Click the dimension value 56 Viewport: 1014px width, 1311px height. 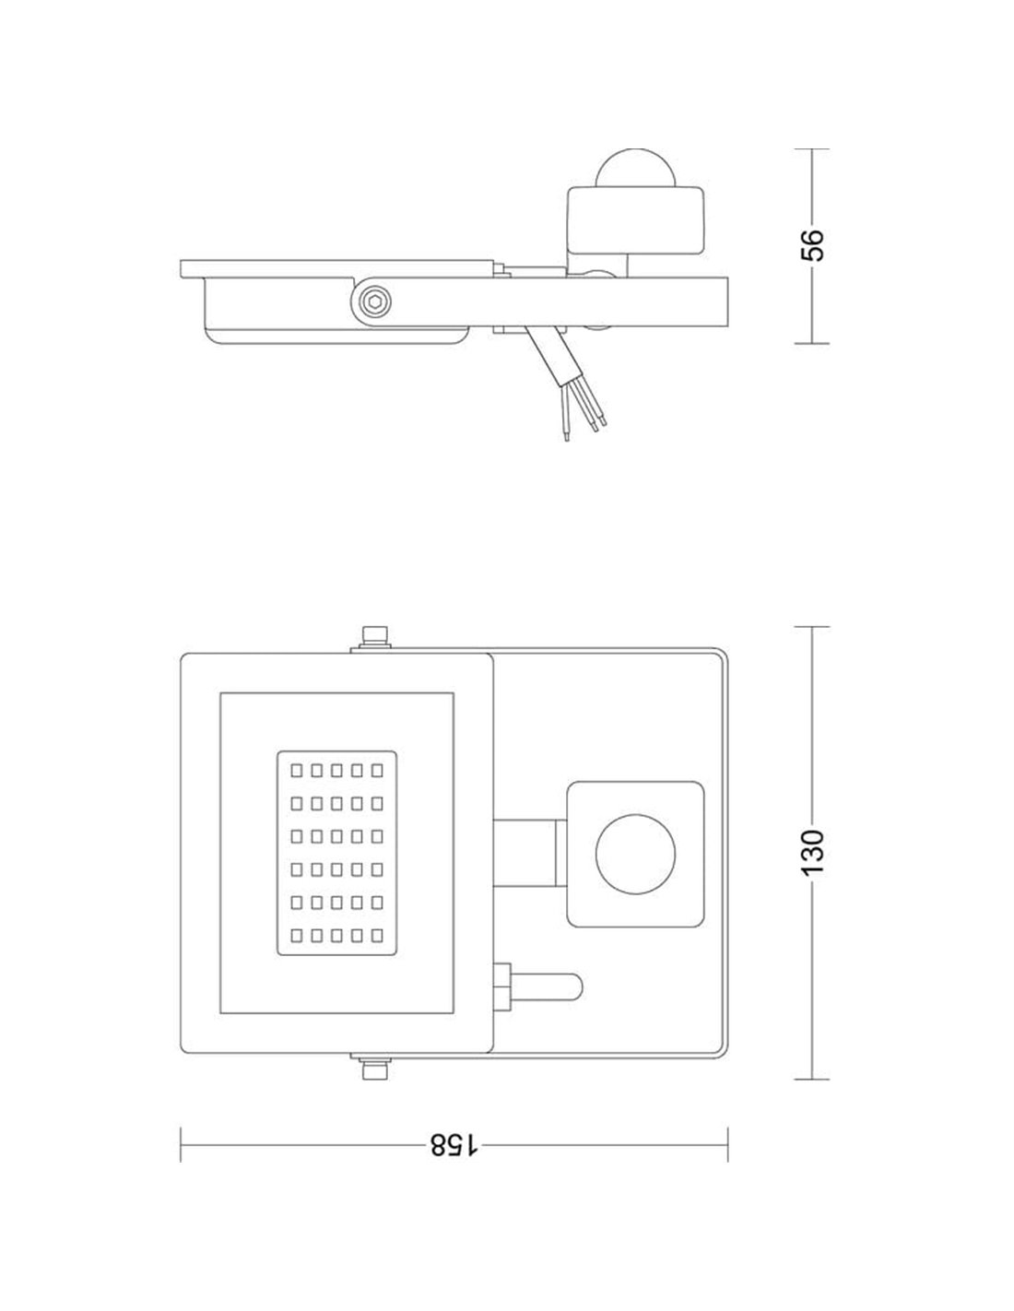812,245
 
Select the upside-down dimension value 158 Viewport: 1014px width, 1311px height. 454,1145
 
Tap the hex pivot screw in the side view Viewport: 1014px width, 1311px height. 374,302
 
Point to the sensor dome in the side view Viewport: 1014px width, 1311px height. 633,169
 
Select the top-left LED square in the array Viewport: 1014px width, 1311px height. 297,768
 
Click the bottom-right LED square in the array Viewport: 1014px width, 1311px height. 376,936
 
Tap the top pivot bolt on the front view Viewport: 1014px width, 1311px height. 374,636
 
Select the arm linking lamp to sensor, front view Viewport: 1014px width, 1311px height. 527,854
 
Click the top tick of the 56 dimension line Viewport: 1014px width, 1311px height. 812,148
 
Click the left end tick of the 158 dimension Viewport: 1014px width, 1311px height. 181,1144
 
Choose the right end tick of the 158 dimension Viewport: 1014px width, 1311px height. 727,1144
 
